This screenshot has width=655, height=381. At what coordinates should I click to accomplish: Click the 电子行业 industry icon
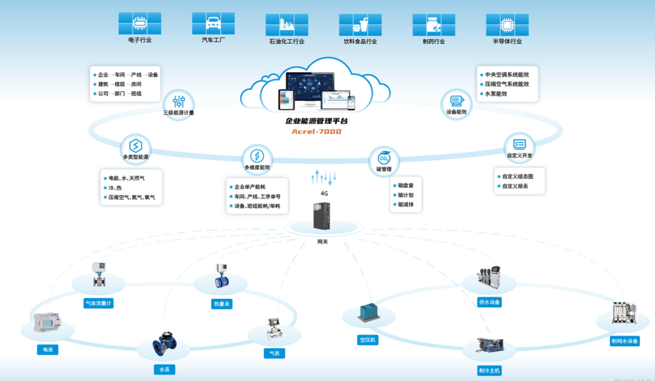click(x=140, y=23)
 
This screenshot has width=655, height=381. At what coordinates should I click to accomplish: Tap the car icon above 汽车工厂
click(x=213, y=23)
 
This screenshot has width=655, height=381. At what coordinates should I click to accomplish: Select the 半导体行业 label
click(x=507, y=42)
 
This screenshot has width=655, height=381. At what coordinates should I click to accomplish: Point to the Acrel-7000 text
click(x=317, y=132)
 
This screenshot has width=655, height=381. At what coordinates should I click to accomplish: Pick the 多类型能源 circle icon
click(x=135, y=145)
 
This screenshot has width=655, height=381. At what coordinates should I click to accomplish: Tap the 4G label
click(x=324, y=194)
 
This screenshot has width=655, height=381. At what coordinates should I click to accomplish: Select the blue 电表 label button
click(x=48, y=349)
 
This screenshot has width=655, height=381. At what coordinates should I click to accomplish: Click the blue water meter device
click(x=164, y=344)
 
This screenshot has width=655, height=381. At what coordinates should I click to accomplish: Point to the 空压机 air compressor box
click(x=367, y=312)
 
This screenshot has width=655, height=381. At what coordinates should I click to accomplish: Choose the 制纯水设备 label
click(x=624, y=341)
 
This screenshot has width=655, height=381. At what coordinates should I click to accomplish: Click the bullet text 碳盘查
click(x=406, y=186)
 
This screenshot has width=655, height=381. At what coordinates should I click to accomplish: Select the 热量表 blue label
click(x=222, y=304)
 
